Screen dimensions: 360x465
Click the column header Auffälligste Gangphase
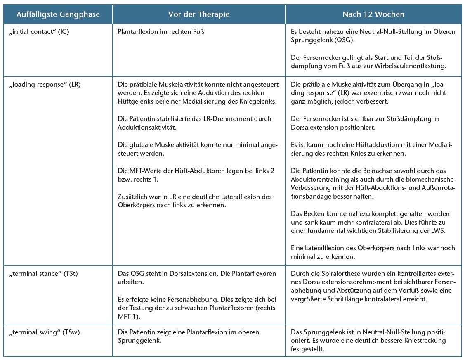tap(58, 14)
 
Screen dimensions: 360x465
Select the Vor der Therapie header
tap(199, 14)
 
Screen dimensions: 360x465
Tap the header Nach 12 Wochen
tap(373, 14)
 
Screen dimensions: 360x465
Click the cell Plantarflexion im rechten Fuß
tap(161, 32)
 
